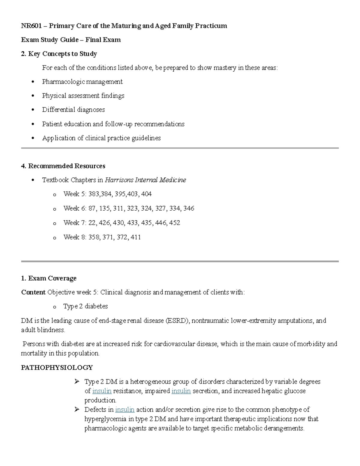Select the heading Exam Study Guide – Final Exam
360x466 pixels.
pyautogui.click(x=71, y=40)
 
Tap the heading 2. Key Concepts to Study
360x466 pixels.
pyautogui.click(x=59, y=54)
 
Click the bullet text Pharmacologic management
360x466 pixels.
pyautogui.click(x=82, y=82)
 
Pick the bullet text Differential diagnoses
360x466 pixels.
pyautogui.click(x=73, y=110)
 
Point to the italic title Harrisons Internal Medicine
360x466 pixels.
pyautogui.click(x=145, y=180)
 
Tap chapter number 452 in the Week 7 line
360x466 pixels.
pyautogui.click(x=175, y=223)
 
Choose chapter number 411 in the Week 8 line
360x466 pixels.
pyautogui.click(x=136, y=237)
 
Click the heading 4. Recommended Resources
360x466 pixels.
pyautogui.click(x=63, y=166)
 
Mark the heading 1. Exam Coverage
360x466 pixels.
pyautogui.click(x=49, y=278)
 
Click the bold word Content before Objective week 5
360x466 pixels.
pyautogui.click(x=33, y=292)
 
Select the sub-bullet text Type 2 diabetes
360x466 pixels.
pyautogui.click(x=85, y=306)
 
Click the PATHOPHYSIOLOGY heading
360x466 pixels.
pyautogui.click(x=57, y=368)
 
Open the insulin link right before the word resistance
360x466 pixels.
pyautogui.click(x=102, y=391)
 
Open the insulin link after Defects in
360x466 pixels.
pyautogui.click(x=124, y=410)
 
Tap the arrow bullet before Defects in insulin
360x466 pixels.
pyautogui.click(x=77, y=409)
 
